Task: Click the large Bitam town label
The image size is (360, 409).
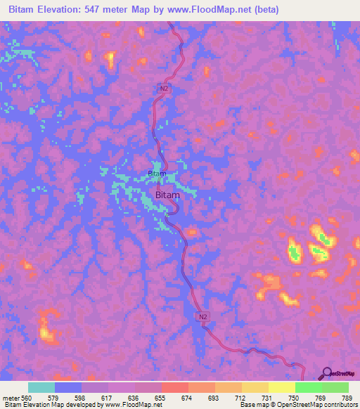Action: tap(167, 195)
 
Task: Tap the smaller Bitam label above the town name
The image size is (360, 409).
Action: tap(157, 174)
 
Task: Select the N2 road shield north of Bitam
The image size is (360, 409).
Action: tap(163, 88)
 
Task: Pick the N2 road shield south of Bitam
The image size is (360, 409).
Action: tap(202, 318)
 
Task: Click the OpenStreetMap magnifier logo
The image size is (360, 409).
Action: tap(326, 374)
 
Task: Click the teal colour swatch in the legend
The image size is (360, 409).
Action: tap(41, 387)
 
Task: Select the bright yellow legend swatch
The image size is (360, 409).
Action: tap(281, 387)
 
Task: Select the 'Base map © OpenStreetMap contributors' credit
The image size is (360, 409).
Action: tap(297, 405)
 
